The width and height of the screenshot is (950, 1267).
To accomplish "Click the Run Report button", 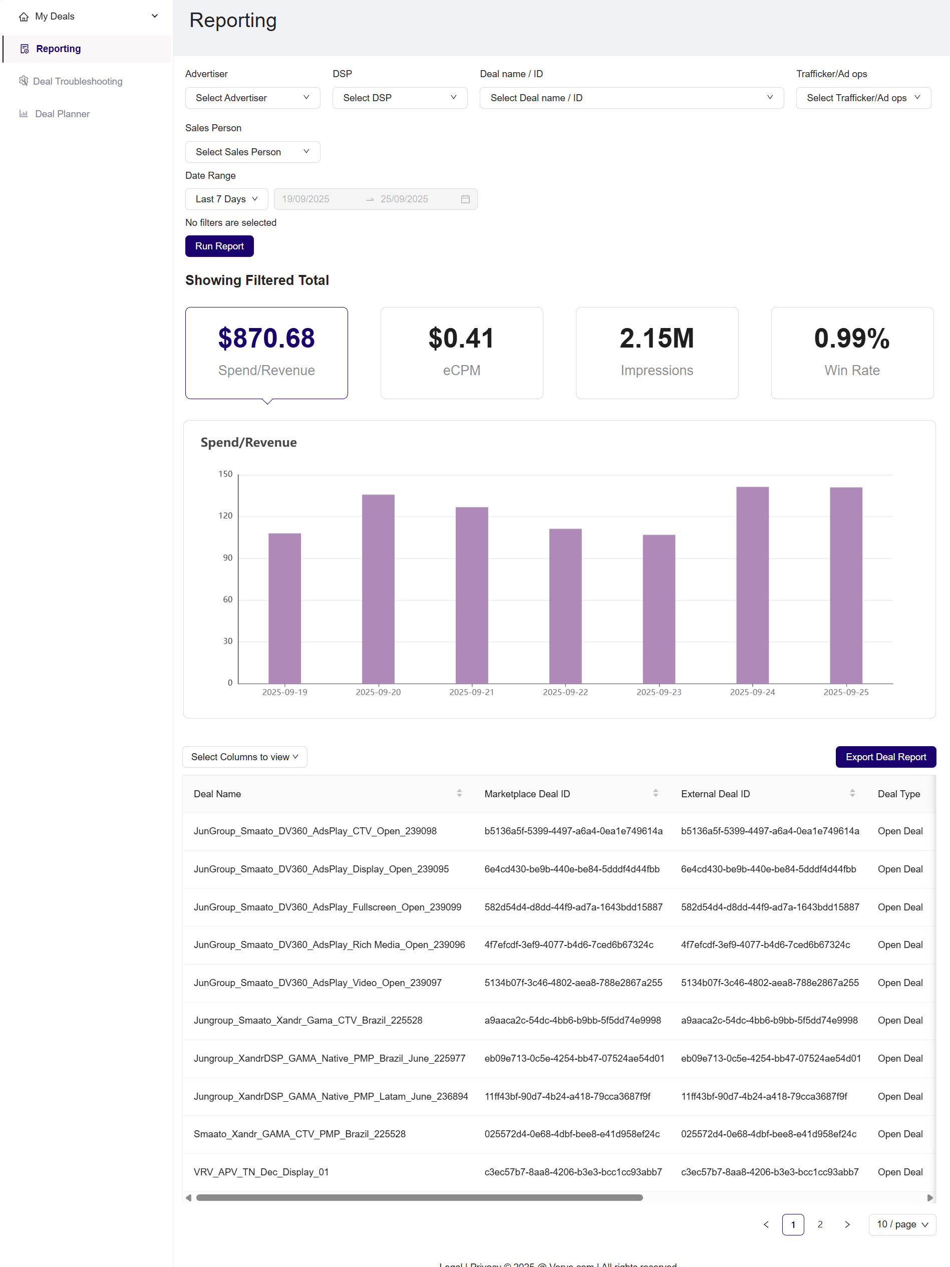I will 219,246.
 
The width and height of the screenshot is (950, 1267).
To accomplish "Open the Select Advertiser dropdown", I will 252,98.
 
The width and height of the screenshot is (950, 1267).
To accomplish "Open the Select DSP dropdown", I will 399,98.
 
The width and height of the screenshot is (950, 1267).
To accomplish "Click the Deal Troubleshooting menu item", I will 77,81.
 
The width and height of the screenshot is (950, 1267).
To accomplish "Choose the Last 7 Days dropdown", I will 226,199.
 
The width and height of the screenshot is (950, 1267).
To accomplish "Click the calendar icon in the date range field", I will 465,199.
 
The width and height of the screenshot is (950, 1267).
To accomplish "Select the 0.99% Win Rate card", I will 851,353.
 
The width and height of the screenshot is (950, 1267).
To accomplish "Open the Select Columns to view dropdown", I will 244,757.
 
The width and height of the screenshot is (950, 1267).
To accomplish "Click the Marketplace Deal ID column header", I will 527,794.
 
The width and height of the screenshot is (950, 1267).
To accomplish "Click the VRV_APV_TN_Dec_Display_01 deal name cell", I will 261,1172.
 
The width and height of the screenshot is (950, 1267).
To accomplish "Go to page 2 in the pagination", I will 819,1224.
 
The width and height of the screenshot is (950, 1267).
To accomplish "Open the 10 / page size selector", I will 901,1224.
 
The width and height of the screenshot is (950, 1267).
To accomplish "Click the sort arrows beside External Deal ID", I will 852,793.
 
